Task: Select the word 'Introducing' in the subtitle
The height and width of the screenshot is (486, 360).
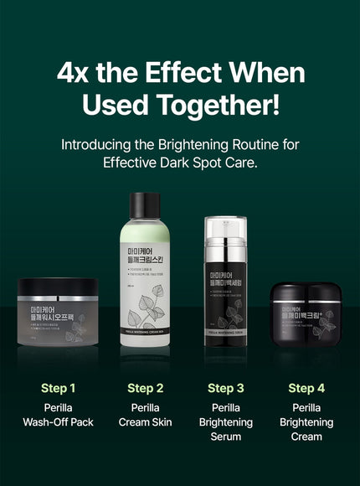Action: pos(100,143)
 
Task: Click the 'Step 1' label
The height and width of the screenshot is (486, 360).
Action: pos(58,388)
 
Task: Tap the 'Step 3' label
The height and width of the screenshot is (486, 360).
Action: pos(224,388)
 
